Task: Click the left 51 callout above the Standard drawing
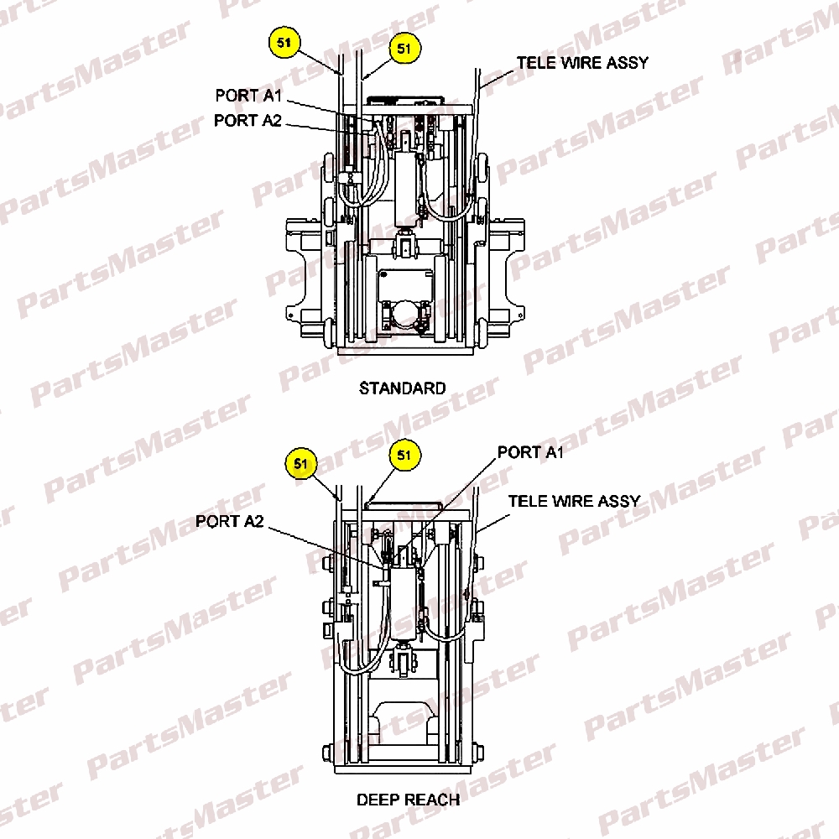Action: click(x=284, y=42)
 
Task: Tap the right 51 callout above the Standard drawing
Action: click(x=404, y=49)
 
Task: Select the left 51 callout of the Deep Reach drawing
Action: click(x=301, y=463)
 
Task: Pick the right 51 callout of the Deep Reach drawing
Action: click(x=404, y=456)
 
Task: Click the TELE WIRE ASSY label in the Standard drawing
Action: click(x=582, y=63)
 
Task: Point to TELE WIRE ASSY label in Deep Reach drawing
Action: click(x=574, y=502)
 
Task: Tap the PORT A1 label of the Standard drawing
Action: click(x=248, y=96)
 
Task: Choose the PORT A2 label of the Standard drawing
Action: click(x=248, y=120)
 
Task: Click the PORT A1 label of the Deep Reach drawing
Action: click(x=530, y=452)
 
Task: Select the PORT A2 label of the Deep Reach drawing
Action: click(x=230, y=521)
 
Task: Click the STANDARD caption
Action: click(x=403, y=388)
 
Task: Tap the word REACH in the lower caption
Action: click(x=433, y=800)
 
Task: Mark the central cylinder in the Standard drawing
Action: click(x=405, y=187)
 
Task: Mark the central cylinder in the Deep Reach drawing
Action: click(x=404, y=602)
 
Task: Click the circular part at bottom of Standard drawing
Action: click(x=404, y=315)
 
